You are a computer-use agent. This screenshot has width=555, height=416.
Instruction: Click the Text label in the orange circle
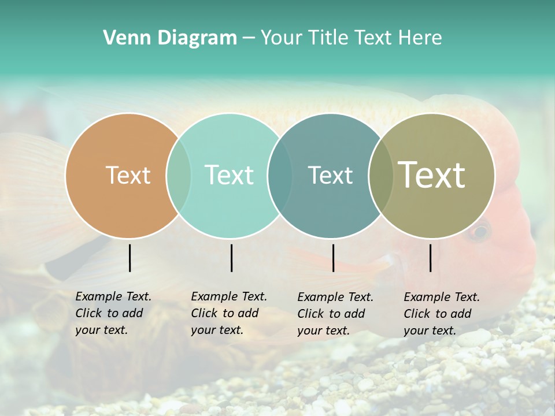[128, 175]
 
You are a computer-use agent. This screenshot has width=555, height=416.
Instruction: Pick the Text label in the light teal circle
[229, 175]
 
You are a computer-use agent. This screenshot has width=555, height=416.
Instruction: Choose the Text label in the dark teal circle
[330, 175]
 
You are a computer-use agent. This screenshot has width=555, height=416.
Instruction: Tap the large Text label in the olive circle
[432, 175]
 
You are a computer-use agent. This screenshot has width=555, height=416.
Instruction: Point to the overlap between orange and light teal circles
[179, 175]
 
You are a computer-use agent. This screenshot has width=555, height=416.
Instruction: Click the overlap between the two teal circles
[280, 175]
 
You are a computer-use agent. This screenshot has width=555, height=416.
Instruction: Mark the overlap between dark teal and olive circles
[381, 175]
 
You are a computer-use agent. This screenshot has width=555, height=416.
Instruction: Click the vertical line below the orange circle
[130, 258]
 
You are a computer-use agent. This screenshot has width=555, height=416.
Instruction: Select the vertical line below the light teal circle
[231, 258]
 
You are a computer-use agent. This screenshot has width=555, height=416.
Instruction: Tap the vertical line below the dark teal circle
[333, 258]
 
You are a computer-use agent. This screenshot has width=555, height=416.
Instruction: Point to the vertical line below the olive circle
[431, 258]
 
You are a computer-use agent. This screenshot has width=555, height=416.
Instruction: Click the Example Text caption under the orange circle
[113, 313]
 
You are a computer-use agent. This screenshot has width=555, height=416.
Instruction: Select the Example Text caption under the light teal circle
[228, 313]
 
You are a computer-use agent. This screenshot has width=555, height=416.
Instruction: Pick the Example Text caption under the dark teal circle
[335, 314]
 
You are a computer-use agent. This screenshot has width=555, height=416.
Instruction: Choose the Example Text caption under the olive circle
[441, 314]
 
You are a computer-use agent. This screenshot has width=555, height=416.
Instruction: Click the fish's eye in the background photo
[478, 232]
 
